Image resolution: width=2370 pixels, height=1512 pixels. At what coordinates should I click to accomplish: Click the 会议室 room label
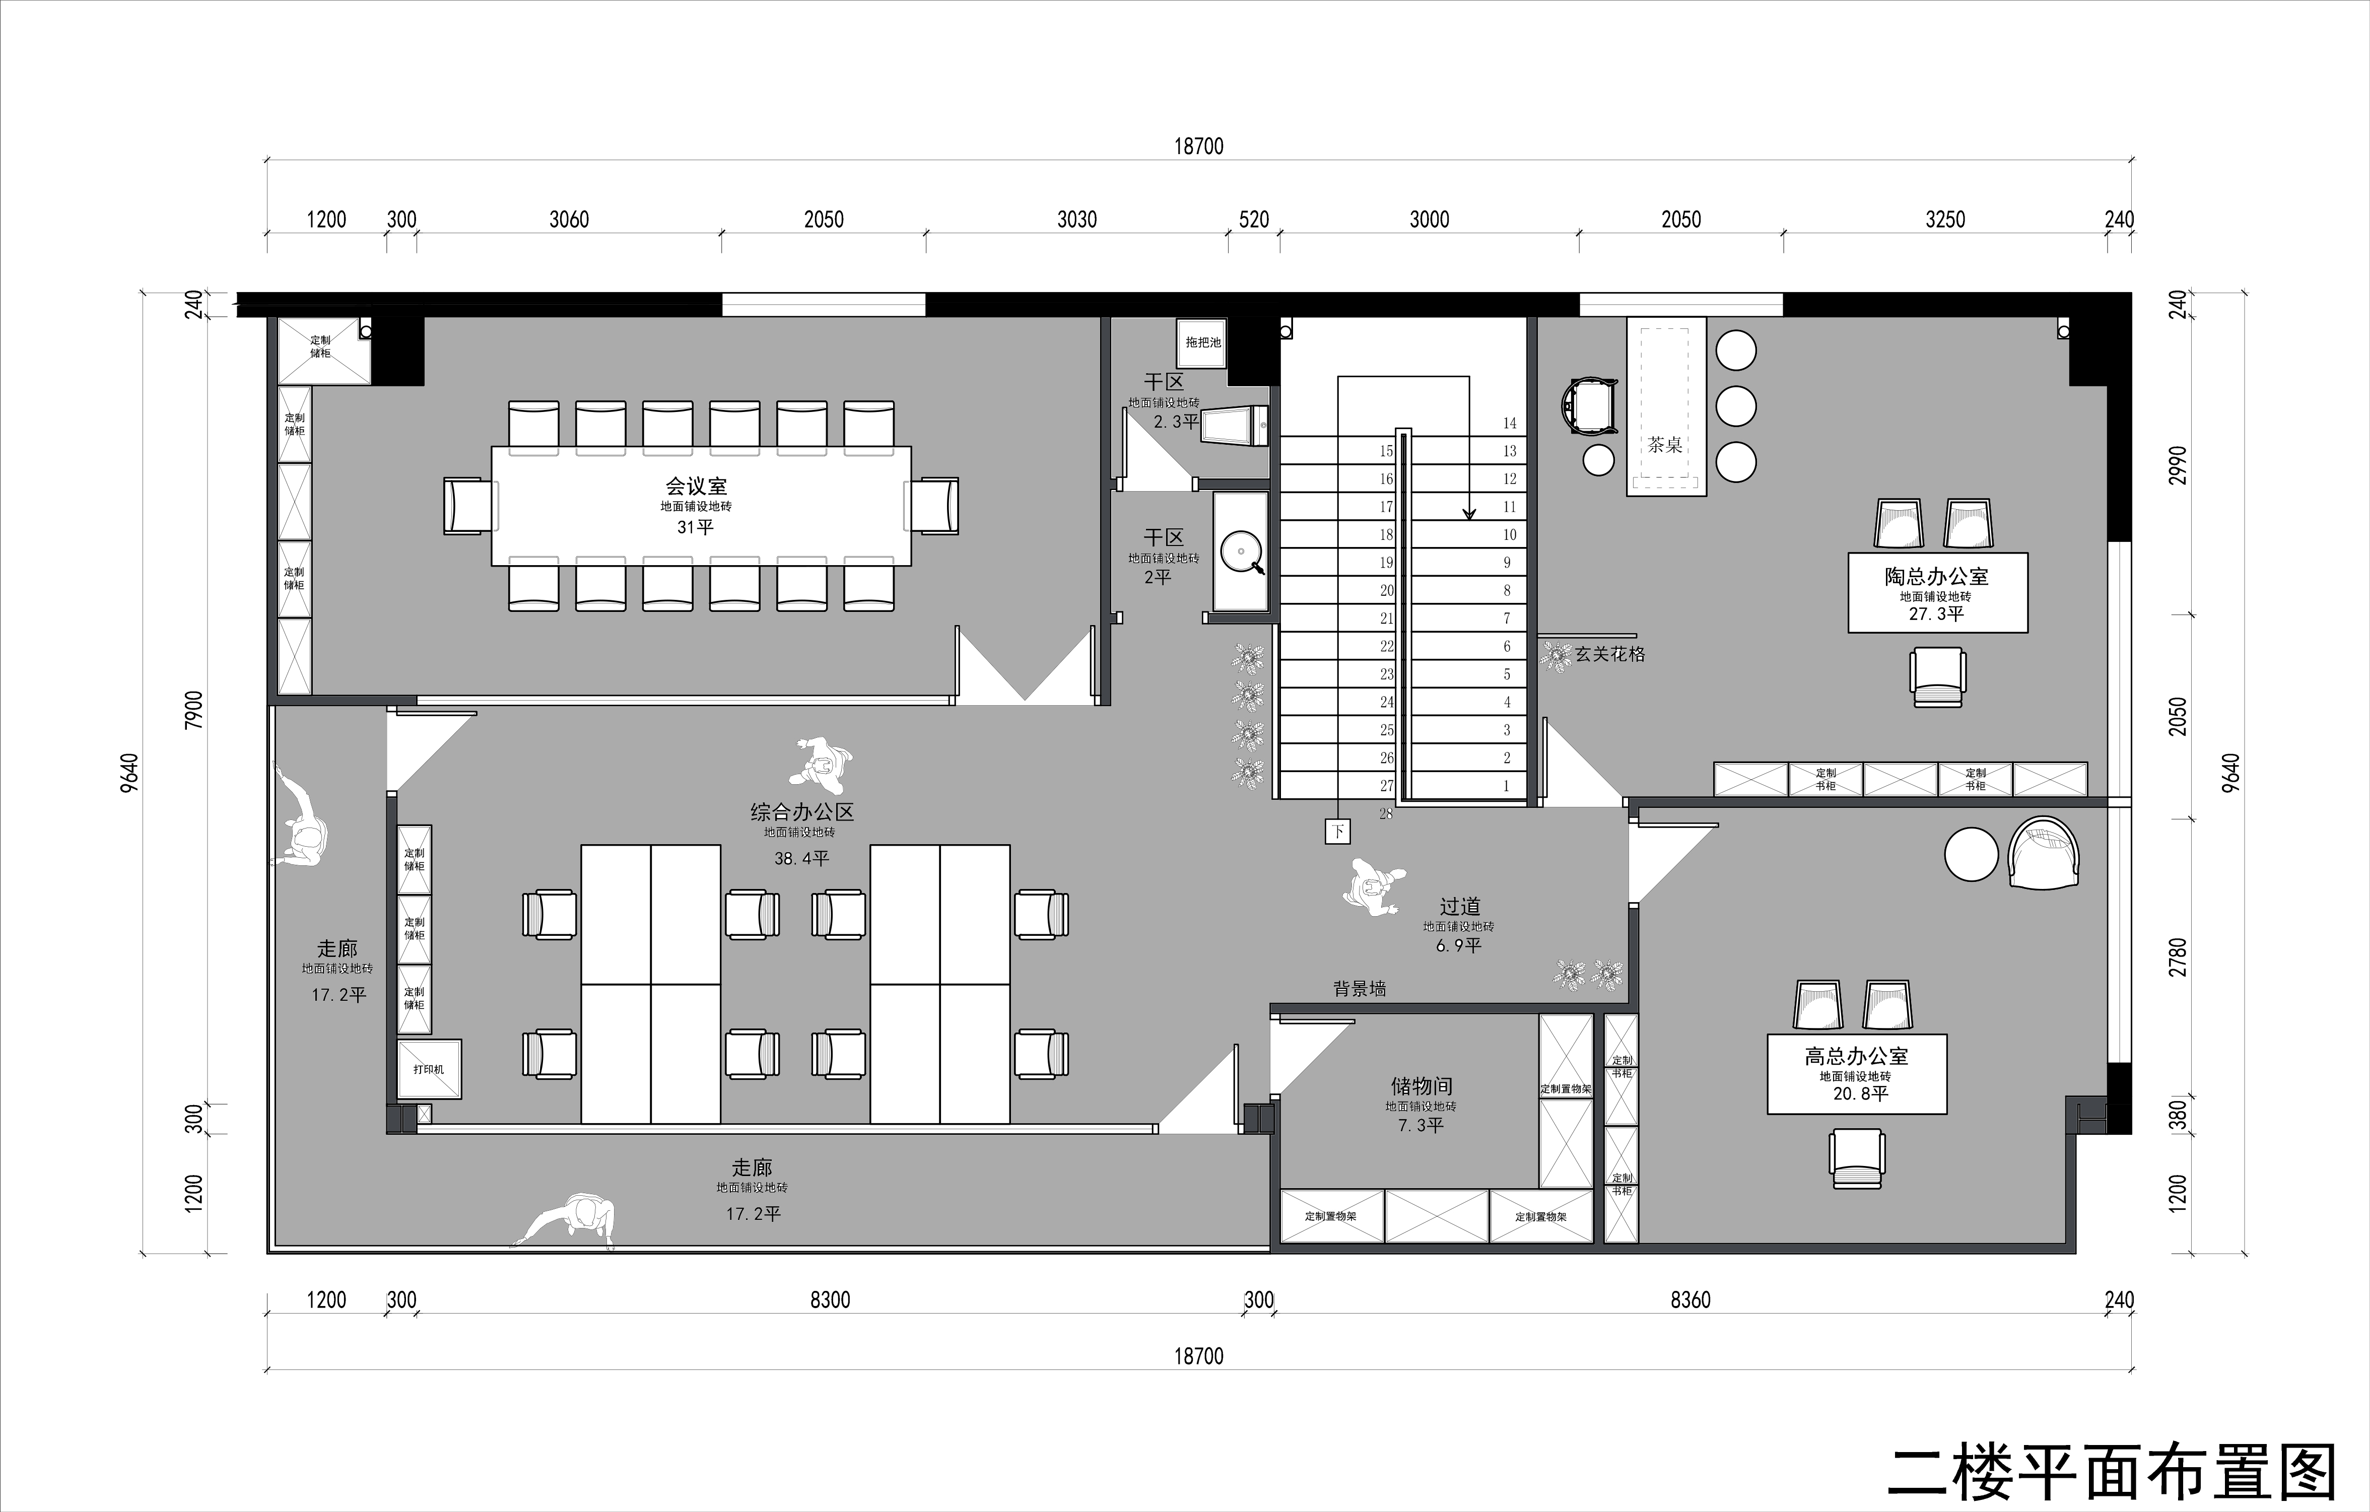(x=696, y=486)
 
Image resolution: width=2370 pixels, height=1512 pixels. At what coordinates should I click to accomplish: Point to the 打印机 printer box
(x=429, y=1069)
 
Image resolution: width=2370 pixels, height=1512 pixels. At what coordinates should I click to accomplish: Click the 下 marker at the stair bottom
(x=1336, y=832)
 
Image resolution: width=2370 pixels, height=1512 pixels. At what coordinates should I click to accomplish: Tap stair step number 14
(x=1509, y=423)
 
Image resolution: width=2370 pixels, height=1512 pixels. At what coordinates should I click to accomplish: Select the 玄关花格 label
(x=1610, y=654)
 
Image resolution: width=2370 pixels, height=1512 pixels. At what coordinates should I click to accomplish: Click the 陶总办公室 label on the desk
(x=1936, y=577)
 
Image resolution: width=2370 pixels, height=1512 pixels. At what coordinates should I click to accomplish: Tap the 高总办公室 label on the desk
(x=1856, y=1056)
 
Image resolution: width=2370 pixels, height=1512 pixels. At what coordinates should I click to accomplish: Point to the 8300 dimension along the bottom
(x=830, y=1300)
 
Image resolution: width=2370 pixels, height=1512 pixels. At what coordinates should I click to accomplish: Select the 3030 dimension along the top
(x=1077, y=220)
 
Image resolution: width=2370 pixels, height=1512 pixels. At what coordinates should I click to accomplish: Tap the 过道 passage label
(x=1460, y=907)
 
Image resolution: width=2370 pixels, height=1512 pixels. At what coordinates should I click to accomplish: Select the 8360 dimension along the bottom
(x=1691, y=1300)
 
